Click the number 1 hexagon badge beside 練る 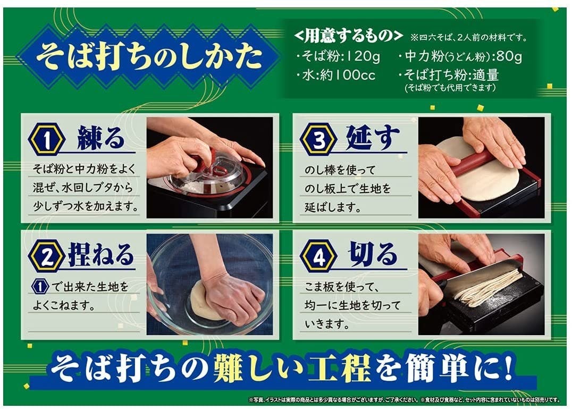[x=47, y=140]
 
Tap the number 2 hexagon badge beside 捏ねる [x=47, y=256]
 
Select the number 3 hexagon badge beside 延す [x=318, y=140]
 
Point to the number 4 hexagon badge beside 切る [x=318, y=256]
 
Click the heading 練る [x=100, y=138]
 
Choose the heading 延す [x=373, y=138]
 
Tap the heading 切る [x=373, y=254]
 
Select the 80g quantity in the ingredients [x=509, y=56]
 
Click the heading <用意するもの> [x=348, y=36]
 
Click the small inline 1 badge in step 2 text [x=40, y=287]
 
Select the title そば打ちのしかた [x=149, y=56]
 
